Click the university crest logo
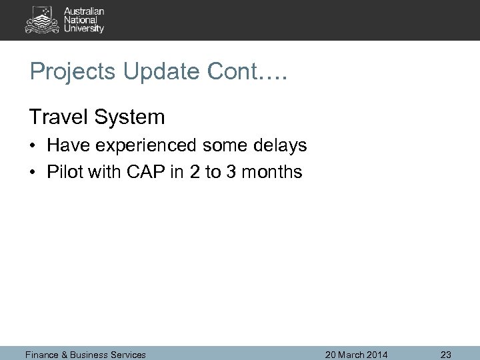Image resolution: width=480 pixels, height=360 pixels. point(42,19)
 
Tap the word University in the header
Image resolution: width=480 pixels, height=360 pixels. point(84,29)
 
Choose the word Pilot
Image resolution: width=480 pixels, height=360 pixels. point(61,172)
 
